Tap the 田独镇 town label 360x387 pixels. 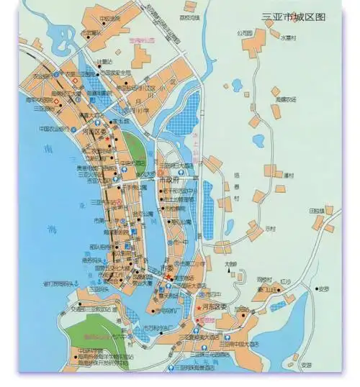tap(318, 211)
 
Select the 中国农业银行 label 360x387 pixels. tap(53, 129)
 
